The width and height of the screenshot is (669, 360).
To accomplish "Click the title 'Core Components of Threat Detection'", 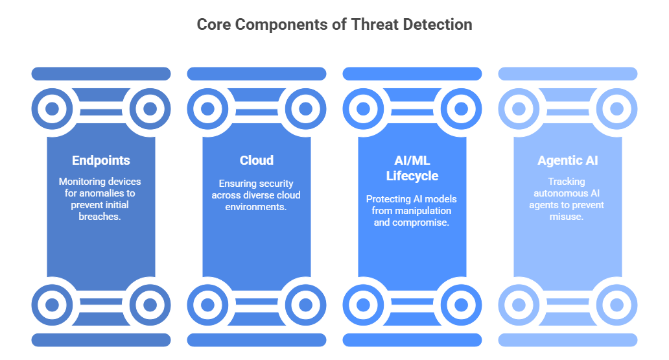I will (x=334, y=25).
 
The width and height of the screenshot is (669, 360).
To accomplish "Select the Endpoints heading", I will (x=100, y=160).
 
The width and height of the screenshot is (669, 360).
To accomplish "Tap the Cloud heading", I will (x=256, y=160).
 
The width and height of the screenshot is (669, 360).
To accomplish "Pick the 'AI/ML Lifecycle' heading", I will (x=412, y=168).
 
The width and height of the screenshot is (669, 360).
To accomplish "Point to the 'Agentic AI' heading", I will (x=567, y=160).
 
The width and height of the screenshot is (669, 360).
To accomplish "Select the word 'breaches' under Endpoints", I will (x=100, y=217).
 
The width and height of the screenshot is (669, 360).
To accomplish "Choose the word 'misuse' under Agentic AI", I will (x=567, y=217).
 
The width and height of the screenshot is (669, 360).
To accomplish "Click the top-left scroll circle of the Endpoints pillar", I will (x=53, y=109).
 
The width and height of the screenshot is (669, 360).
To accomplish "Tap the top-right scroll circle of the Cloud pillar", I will (x=305, y=109).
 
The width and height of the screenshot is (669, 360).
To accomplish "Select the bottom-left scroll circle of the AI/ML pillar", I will (x=364, y=304).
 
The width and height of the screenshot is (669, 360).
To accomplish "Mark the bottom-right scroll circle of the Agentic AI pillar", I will (x=616, y=304).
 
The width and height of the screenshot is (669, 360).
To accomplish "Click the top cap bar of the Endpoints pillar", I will (x=100, y=74).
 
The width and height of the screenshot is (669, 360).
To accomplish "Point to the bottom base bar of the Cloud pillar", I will (x=256, y=340).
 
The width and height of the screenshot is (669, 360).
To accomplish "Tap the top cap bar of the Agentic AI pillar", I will (x=567, y=74).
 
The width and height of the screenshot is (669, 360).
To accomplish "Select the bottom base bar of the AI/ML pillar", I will (x=412, y=340).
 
